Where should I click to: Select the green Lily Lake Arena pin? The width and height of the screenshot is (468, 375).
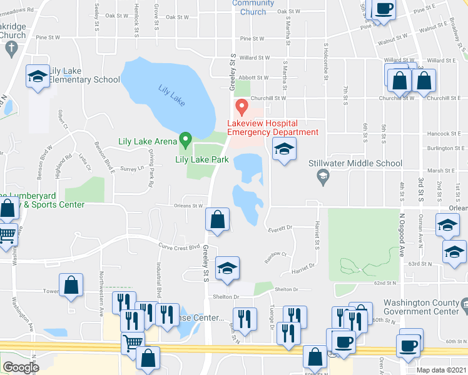click(185, 139)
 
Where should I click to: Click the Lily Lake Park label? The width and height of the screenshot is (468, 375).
click(201, 160)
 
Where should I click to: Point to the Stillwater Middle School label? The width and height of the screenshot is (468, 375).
click(355, 164)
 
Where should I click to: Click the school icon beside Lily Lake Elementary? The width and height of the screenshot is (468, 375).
click(38, 77)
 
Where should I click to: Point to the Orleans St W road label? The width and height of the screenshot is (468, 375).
click(188, 205)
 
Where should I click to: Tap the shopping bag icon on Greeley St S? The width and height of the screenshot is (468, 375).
click(217, 219)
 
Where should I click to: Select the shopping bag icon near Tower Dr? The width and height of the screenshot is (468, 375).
click(71, 285)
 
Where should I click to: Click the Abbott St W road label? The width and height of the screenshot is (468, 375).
click(253, 77)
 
